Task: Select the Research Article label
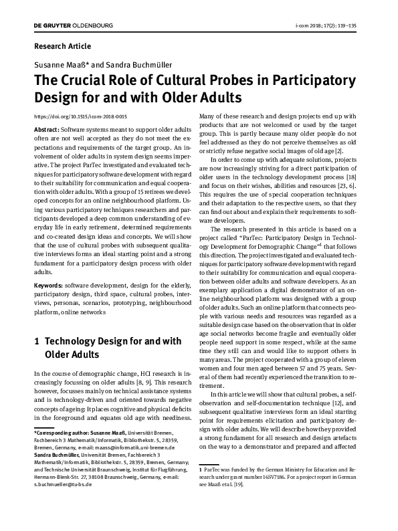pos(62,46)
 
